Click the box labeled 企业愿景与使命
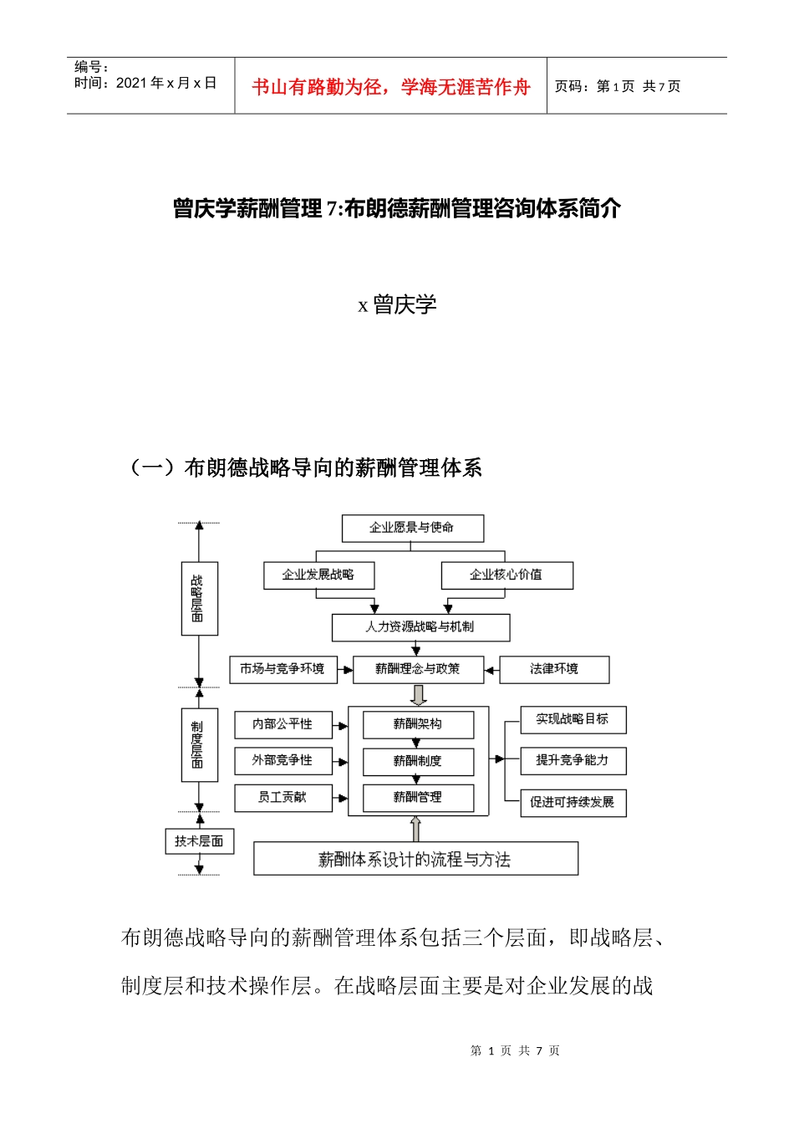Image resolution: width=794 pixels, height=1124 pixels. [413, 528]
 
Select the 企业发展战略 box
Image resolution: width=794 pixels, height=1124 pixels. [318, 575]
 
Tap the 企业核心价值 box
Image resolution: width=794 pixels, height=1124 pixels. [506, 575]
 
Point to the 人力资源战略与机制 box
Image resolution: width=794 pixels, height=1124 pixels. [420, 627]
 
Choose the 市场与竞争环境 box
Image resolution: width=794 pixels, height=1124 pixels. [282, 669]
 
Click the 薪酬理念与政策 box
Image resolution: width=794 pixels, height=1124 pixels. [418, 669]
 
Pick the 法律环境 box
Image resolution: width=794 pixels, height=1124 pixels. [554, 669]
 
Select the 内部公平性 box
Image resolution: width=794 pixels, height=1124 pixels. [282, 724]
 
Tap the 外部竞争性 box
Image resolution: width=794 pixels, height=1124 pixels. [282, 761]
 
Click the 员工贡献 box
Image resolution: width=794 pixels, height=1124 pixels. [282, 798]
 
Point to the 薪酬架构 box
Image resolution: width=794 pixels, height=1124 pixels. [418, 724]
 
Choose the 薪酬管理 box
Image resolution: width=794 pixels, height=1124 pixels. [418, 798]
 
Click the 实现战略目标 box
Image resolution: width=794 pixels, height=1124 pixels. [573, 719]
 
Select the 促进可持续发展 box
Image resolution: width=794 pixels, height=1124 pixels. [573, 803]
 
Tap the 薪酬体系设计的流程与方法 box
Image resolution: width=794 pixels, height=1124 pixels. [415, 860]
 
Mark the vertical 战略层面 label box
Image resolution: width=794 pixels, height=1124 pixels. [199, 599]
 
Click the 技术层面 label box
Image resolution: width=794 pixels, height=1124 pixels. [199, 841]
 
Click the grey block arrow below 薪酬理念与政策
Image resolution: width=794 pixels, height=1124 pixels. [419, 695]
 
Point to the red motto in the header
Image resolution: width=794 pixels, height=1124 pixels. [391, 87]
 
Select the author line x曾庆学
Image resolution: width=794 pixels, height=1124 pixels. [397, 305]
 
